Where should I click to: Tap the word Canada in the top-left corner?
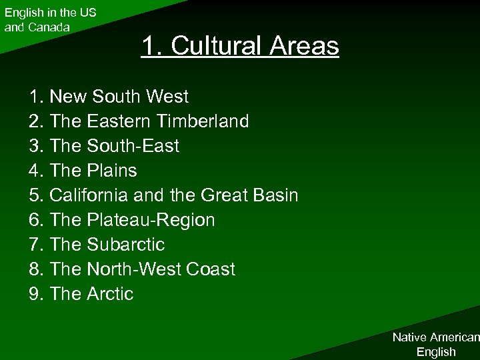click(x=47, y=27)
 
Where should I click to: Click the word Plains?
click(x=111, y=171)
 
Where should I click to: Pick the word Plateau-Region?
click(x=151, y=220)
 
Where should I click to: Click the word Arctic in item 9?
click(x=110, y=294)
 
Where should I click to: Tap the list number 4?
click(x=36, y=171)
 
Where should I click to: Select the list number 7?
click(x=36, y=245)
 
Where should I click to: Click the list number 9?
click(x=36, y=294)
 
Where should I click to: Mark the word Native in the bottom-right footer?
click(x=408, y=338)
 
